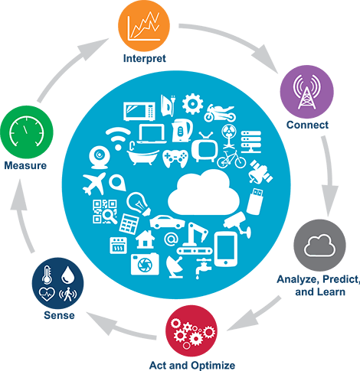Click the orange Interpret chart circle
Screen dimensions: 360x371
click(x=144, y=25)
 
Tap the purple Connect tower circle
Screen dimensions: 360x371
click(x=306, y=92)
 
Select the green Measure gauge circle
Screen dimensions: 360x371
click(x=27, y=132)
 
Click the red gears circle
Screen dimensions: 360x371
click(x=191, y=331)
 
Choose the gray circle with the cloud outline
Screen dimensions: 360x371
click(x=319, y=246)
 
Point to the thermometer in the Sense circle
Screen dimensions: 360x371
click(x=47, y=275)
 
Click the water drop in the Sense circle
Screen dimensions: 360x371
click(x=67, y=275)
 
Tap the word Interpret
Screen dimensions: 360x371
click(x=145, y=58)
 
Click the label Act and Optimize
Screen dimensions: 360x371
click(x=192, y=366)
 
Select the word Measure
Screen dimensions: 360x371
click(x=25, y=165)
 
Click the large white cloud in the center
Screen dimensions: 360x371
click(x=204, y=193)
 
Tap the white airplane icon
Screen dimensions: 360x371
click(x=94, y=184)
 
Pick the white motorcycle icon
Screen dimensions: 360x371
click(x=220, y=113)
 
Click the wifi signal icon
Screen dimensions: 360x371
click(x=118, y=138)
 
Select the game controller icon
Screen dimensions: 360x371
click(x=175, y=158)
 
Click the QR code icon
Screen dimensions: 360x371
click(x=104, y=212)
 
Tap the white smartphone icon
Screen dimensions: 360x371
click(x=225, y=249)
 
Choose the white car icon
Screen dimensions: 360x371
click(x=167, y=222)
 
